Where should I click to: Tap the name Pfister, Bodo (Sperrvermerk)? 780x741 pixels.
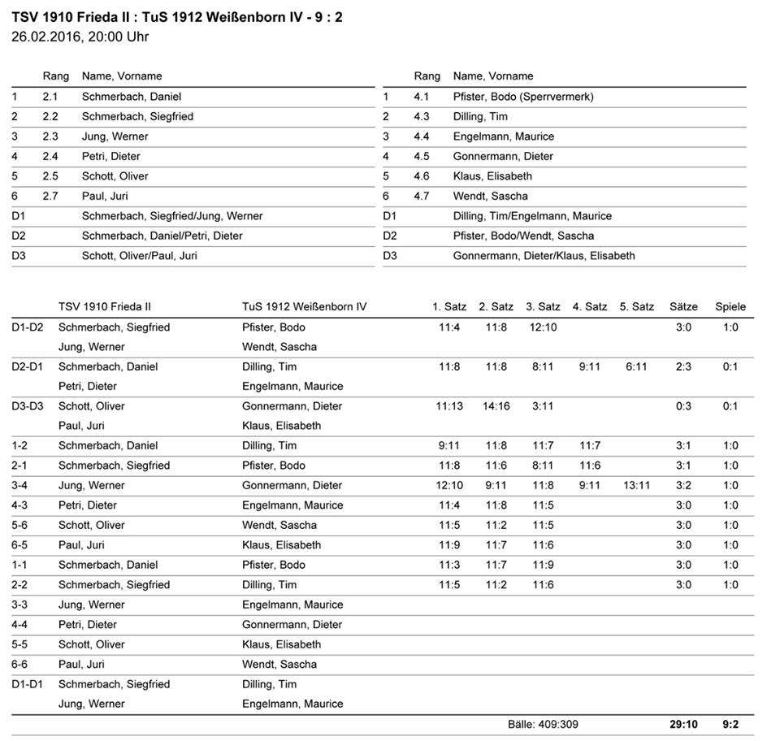coord(522,97)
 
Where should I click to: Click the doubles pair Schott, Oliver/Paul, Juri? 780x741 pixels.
coord(139,255)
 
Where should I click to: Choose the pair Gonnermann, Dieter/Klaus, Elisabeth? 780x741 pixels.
coord(544,255)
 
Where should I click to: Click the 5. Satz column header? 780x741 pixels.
coord(636,307)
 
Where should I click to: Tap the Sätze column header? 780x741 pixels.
coord(683,307)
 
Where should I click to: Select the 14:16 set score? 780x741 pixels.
coord(496,406)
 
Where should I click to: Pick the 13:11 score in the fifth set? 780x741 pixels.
coord(636,485)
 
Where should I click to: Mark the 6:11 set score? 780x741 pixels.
coord(636,366)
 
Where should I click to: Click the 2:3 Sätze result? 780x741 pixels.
coord(683,366)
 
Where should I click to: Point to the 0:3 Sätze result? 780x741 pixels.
coord(683,406)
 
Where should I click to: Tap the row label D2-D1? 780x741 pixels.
coord(28,366)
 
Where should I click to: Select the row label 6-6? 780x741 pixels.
coord(23,664)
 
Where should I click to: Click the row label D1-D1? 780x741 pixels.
coord(28,684)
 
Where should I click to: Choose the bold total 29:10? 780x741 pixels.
coord(683,724)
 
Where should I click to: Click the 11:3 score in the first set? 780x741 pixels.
coord(449,565)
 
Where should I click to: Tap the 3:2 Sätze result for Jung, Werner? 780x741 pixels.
coord(683,485)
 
